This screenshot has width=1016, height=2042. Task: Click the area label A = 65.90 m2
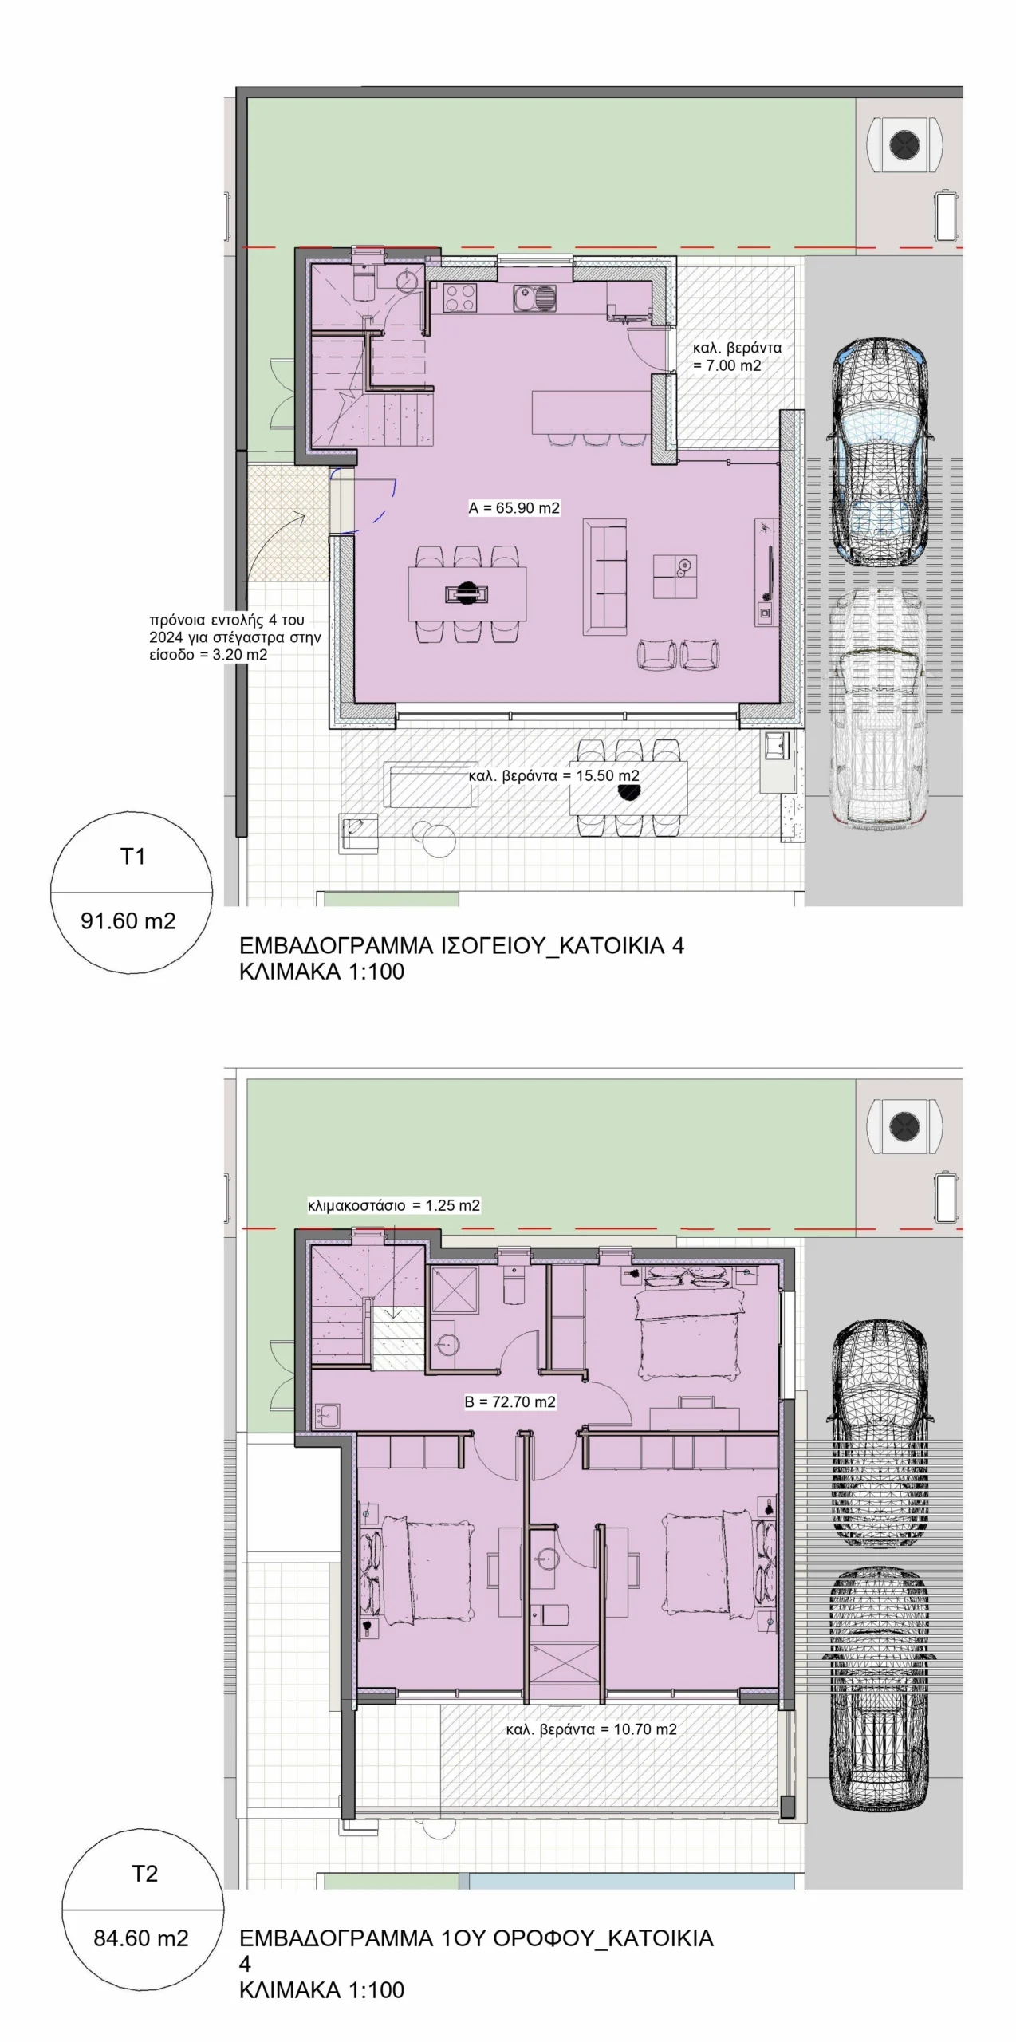click(x=514, y=507)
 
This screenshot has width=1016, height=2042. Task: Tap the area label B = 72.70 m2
click(x=510, y=1401)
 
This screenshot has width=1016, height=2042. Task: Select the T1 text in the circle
click(x=132, y=856)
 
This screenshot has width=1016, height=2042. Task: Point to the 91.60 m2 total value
click(x=128, y=920)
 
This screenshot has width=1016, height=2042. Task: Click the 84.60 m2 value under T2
click(x=141, y=1938)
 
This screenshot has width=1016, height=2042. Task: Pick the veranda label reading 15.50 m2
click(x=554, y=775)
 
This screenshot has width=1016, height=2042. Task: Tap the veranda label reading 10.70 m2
click(x=592, y=1729)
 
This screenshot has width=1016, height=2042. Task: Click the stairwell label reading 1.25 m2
click(x=394, y=1205)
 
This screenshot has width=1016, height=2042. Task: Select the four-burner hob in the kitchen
click(x=460, y=298)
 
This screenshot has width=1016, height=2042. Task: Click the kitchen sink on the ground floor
click(x=536, y=298)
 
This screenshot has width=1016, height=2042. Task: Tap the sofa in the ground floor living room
click(x=604, y=577)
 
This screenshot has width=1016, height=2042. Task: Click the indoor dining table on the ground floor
click(x=467, y=593)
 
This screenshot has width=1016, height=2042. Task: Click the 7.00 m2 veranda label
click(x=737, y=357)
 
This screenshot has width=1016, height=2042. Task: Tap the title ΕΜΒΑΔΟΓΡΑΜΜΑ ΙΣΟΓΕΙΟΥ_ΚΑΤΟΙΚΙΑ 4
click(x=462, y=946)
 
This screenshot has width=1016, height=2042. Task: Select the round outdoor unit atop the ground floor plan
click(x=904, y=145)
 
